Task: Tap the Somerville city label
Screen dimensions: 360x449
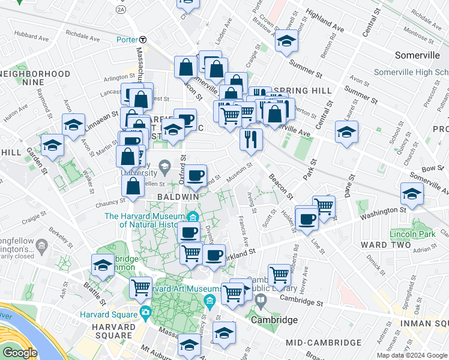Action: pyautogui.click(x=418, y=55)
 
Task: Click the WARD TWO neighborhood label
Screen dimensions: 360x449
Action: pyautogui.click(x=385, y=245)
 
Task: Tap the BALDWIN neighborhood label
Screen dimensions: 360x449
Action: pyautogui.click(x=178, y=197)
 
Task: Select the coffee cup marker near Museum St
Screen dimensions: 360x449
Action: pyautogui.click(x=195, y=176)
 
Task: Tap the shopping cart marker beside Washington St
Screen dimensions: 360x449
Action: pyautogui.click(x=324, y=206)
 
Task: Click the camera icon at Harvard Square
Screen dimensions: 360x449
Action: pyautogui.click(x=145, y=313)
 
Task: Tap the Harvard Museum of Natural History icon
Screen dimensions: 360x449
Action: pyautogui.click(x=193, y=217)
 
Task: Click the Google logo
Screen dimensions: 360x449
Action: pyautogui.click(x=19, y=353)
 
